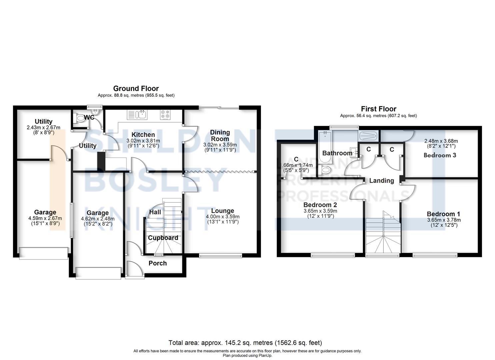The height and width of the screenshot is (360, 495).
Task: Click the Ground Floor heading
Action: (x=136, y=88)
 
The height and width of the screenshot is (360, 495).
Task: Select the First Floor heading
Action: (x=378, y=109)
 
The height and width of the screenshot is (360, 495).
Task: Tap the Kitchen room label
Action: (x=143, y=135)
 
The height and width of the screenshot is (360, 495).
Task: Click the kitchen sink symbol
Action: (x=137, y=115)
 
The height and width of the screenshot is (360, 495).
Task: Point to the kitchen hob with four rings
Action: (x=165, y=115)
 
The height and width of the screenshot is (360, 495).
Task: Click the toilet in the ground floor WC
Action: (x=80, y=118)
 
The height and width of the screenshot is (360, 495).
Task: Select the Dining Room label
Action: (x=220, y=136)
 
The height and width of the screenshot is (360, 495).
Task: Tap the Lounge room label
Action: (x=222, y=211)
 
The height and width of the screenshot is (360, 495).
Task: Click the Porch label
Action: (x=158, y=263)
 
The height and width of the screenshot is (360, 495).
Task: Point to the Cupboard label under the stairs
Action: (x=163, y=238)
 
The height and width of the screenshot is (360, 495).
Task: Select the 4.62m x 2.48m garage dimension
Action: (x=98, y=219)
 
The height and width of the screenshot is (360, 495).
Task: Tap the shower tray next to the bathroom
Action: (x=368, y=136)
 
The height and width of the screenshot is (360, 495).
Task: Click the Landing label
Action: (x=381, y=181)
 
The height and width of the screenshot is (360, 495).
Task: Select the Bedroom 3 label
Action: (x=440, y=155)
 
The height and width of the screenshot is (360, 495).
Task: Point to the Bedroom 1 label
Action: (x=443, y=214)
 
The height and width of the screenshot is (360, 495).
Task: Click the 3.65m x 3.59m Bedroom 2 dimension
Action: (x=320, y=211)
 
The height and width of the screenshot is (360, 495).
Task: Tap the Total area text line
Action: (x=245, y=343)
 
